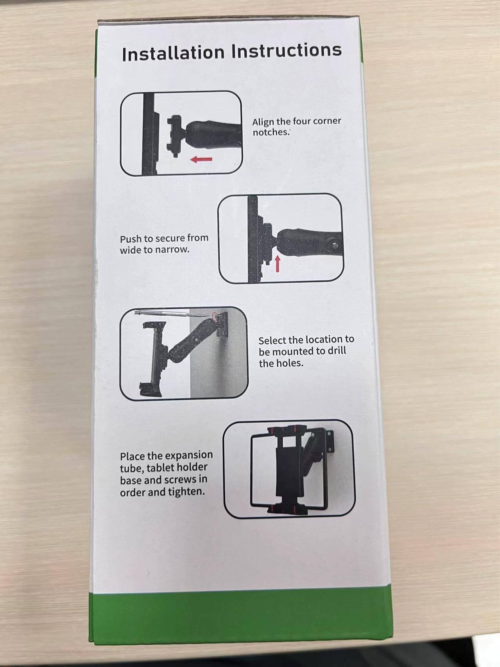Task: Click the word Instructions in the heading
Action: [x=287, y=51]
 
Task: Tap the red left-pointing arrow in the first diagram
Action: [x=201, y=159]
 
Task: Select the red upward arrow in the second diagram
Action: [x=277, y=264]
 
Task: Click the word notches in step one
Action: [x=271, y=133]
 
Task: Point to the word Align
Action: [x=263, y=122]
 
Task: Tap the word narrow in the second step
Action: [x=171, y=249]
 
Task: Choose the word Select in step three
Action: [x=272, y=341]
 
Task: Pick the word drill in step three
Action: [x=337, y=351]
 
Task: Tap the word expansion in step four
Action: [x=189, y=456]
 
